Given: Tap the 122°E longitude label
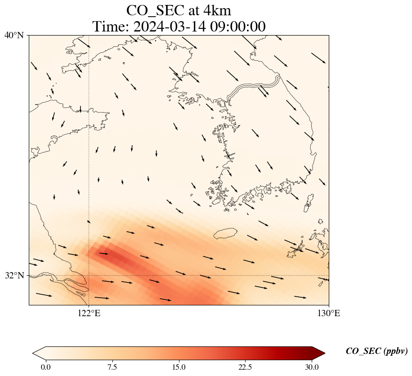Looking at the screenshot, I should point(89,313).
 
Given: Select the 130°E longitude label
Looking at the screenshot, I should point(329,313).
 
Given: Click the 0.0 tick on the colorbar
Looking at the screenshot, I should point(45,367).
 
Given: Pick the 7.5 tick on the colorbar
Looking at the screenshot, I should point(112,367).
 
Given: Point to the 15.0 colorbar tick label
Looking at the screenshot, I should point(179,367).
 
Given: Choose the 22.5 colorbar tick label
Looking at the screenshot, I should point(245,367).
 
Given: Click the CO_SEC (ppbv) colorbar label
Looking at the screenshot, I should point(376,352).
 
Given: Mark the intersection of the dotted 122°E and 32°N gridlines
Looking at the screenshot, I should point(89,275).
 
